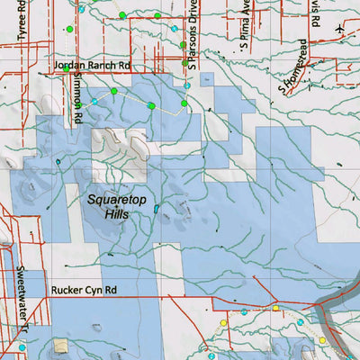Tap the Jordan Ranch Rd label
click(x=92, y=67)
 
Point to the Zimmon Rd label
click(x=78, y=100)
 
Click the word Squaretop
click(x=119, y=200)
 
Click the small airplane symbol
click(x=338, y=29)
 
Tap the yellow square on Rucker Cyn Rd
click(x=276, y=309)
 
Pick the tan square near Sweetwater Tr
click(x=60, y=344)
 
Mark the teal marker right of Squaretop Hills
click(x=156, y=209)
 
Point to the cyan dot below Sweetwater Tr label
click(x=22, y=347)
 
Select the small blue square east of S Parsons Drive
click(x=206, y=78)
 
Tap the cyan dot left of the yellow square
click(x=244, y=311)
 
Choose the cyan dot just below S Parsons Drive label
click(x=187, y=85)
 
